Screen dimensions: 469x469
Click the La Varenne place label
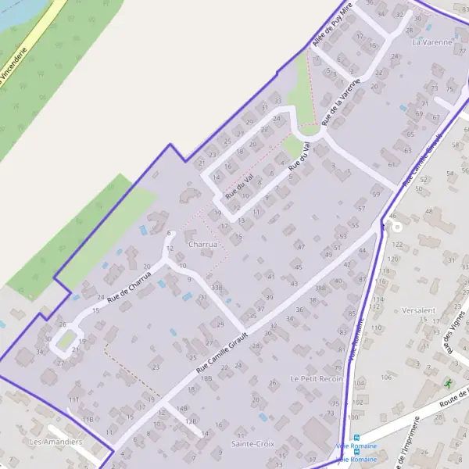(x=432, y=42)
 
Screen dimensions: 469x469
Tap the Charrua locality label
(x=202, y=244)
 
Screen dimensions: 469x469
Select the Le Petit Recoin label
(x=317, y=378)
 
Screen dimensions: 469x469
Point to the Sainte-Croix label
(x=253, y=444)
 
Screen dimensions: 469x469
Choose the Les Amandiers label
(x=55, y=442)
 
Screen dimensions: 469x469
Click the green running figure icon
(x=448, y=383)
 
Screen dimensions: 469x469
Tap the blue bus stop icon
(x=356, y=437)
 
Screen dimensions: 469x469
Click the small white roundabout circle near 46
(x=397, y=227)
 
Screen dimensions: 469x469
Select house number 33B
(x=217, y=288)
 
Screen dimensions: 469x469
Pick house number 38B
(x=320, y=288)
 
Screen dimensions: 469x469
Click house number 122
(x=397, y=245)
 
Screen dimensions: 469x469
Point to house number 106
(x=386, y=378)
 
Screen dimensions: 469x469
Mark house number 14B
(x=182, y=408)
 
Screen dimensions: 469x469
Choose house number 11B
(x=87, y=420)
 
